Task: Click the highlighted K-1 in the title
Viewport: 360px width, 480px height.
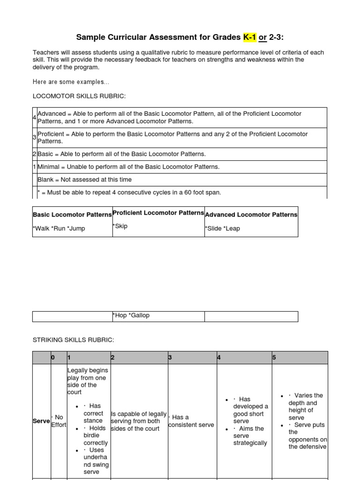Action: click(249, 37)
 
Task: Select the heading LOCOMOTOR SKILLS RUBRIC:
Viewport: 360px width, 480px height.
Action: click(79, 96)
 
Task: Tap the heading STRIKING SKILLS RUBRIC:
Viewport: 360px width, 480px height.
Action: click(73, 339)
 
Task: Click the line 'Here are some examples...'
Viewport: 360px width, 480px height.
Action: click(71, 82)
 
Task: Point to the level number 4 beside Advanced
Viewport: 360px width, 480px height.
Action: click(35, 117)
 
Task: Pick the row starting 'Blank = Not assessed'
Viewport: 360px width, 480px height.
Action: click(84, 180)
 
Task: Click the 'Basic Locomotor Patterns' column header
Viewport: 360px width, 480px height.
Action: click(72, 215)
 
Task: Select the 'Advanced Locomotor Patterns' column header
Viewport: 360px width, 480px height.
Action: click(251, 215)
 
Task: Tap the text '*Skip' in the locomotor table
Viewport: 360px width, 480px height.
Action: click(120, 226)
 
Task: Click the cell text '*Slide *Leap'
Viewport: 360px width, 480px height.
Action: click(223, 228)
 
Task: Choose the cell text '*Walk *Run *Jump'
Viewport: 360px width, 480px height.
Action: click(59, 228)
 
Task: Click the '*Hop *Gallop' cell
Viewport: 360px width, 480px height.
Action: click(131, 315)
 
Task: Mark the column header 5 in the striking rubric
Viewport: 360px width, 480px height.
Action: click(274, 358)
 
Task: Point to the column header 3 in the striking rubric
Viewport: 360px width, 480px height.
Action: click(170, 358)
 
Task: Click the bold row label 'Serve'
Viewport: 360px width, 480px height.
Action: click(41, 421)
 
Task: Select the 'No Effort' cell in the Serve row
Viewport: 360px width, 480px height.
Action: click(59, 421)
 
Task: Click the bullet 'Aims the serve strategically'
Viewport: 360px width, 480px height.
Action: click(250, 435)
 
